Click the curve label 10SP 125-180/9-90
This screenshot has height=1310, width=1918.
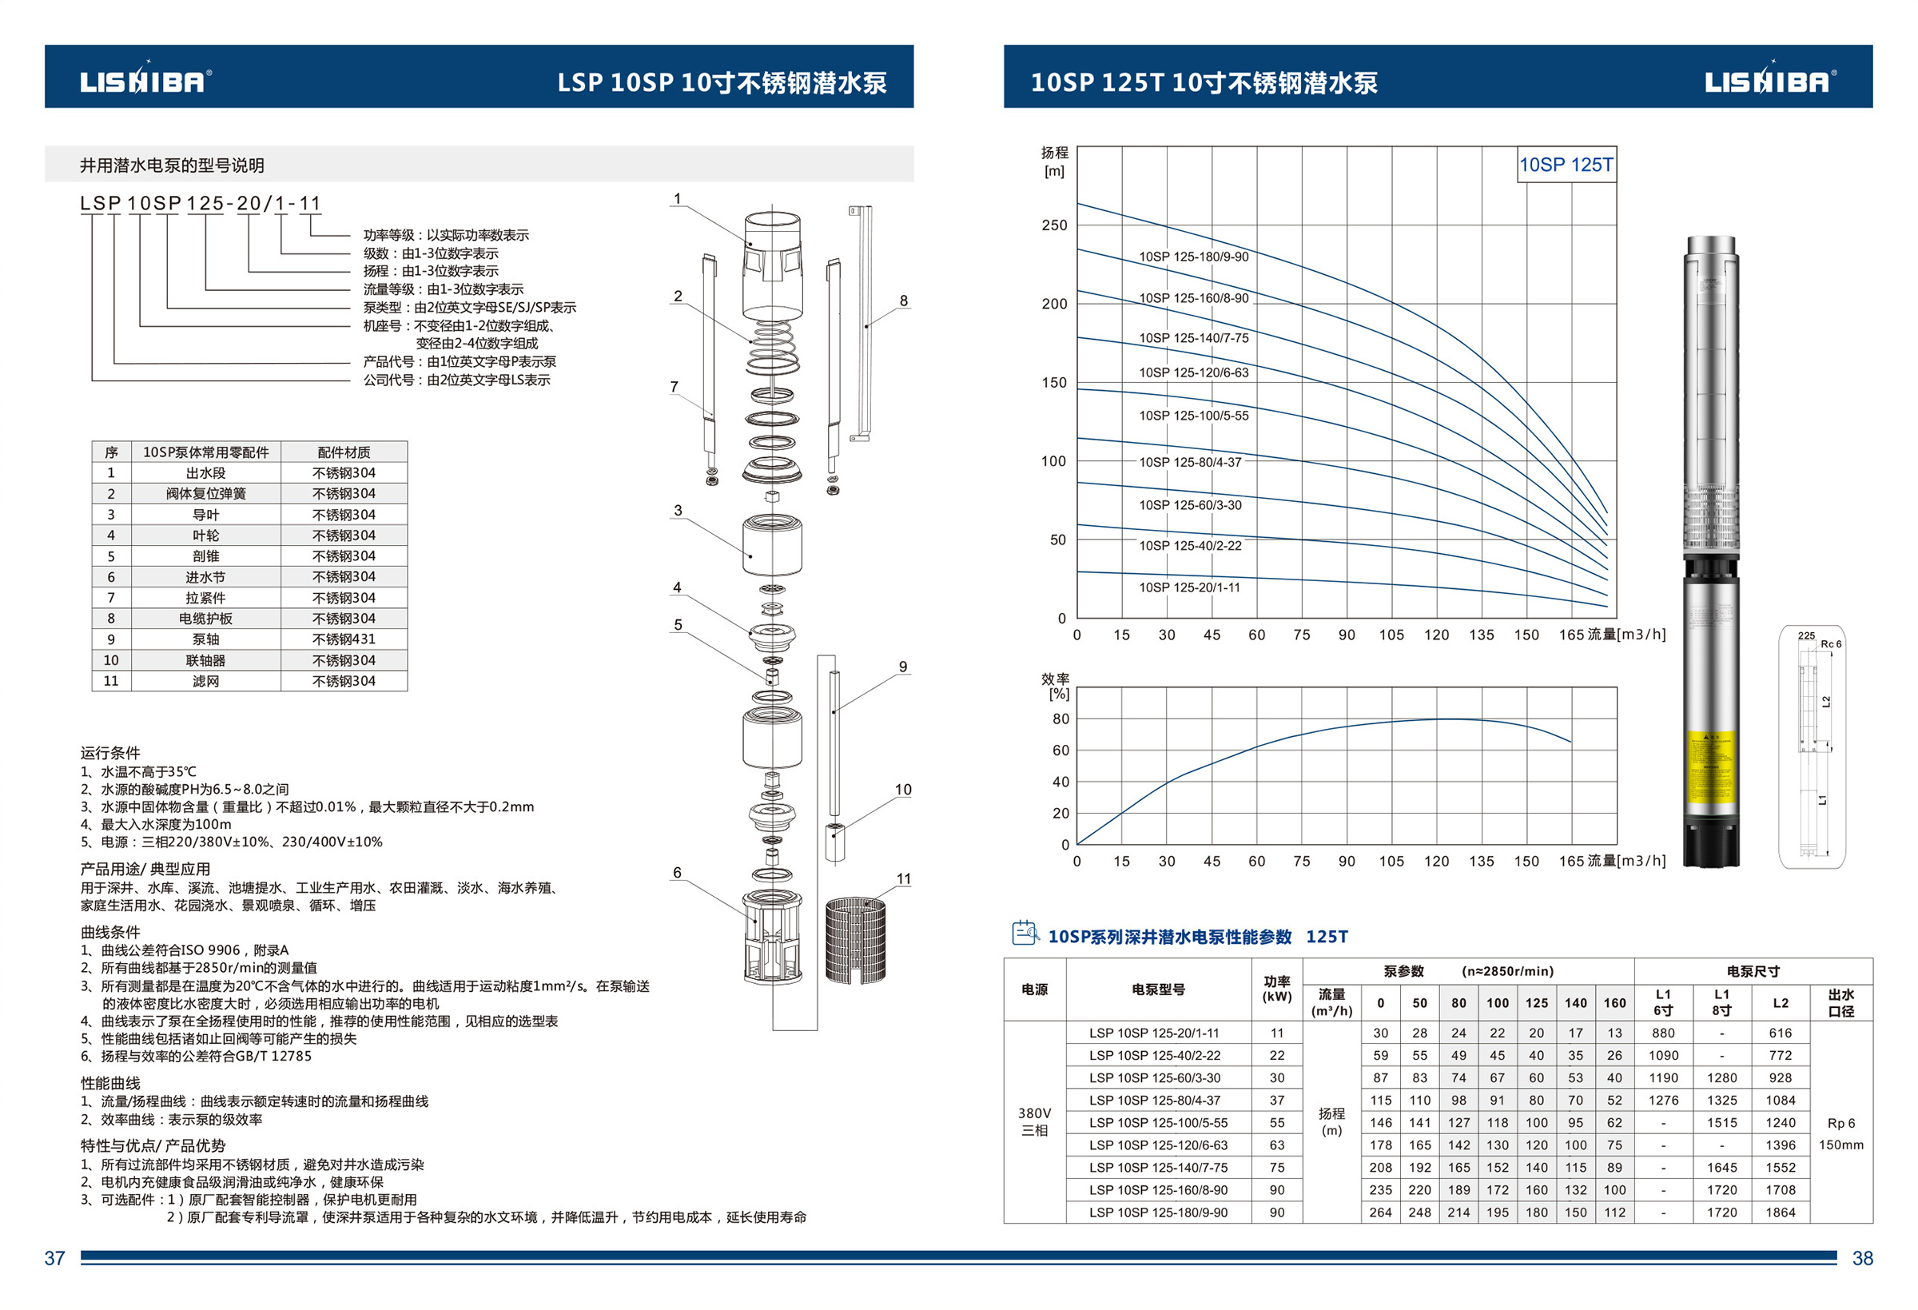[x=1193, y=257]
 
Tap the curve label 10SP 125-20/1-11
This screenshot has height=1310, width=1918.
[x=1189, y=587]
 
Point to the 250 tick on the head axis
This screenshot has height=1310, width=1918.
[x=1054, y=225]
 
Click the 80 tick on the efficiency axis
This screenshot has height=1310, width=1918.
[x=1060, y=719]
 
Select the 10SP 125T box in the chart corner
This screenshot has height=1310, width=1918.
[x=1566, y=165]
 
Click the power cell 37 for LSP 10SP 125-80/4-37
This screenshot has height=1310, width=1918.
[x=1277, y=1101]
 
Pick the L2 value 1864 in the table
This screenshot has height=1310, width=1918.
[x=1781, y=1212]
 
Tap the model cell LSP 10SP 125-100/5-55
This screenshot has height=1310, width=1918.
[x=1158, y=1123]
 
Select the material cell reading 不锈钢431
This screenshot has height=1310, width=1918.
[x=344, y=639]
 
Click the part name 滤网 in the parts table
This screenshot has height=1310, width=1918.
[x=205, y=681]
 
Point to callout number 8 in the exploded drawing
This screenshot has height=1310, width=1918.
[x=904, y=301]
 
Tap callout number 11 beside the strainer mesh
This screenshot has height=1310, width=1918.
[x=904, y=879]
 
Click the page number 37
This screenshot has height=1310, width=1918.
[x=54, y=1258]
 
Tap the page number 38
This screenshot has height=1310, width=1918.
[x=1863, y=1258]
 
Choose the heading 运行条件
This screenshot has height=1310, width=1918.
[x=109, y=753]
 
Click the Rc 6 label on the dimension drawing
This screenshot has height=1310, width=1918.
[x=1832, y=644]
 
